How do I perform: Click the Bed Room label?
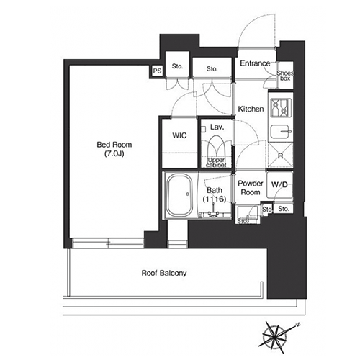pyautogui.click(x=114, y=145)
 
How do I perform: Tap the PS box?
pyautogui.click(x=158, y=71)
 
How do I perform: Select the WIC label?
pyautogui.click(x=179, y=135)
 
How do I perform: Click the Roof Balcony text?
pyautogui.click(x=164, y=273)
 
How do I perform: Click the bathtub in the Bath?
pyautogui.click(x=180, y=195)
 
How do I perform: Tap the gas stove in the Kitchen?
pyautogui.click(x=281, y=108)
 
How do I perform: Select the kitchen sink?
pyautogui.click(x=281, y=132)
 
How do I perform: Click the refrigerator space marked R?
pyautogui.click(x=280, y=156)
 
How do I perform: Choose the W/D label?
pyautogui.click(x=279, y=184)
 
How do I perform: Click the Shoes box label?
pyautogui.click(x=285, y=76)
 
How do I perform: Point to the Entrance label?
pyautogui.click(x=255, y=63)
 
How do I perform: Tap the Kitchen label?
pyautogui.click(x=251, y=109)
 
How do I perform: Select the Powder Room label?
pyautogui.click(x=251, y=188)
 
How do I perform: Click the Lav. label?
pyautogui.click(x=217, y=127)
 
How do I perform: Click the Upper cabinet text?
pyautogui.click(x=216, y=163)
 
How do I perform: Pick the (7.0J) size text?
pyautogui.click(x=114, y=154)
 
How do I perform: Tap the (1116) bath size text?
pyautogui.click(x=215, y=199)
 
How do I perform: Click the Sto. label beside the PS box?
pyautogui.click(x=177, y=66)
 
